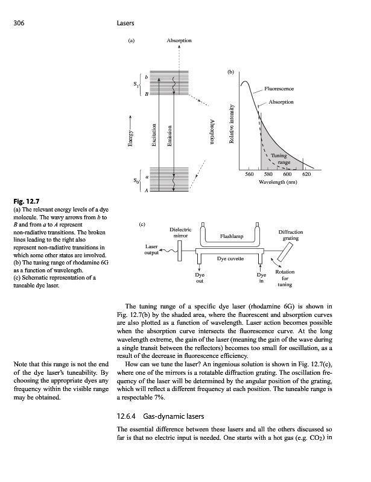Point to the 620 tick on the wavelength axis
point(306,174)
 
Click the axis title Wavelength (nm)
point(276,181)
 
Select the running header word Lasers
point(125,23)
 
